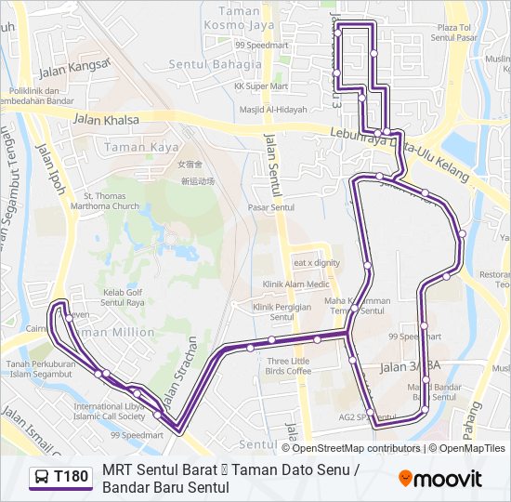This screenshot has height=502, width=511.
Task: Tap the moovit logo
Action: click(440, 479)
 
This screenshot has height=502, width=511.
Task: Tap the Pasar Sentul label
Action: click(271, 207)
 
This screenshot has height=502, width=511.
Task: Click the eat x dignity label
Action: click(317, 263)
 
